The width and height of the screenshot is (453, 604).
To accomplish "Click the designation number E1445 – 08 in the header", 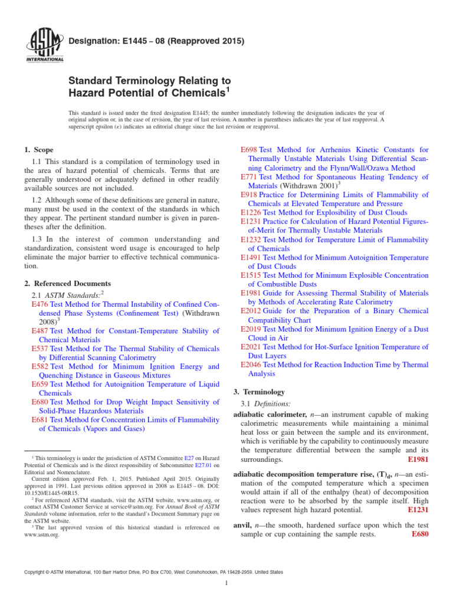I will (x=137, y=41).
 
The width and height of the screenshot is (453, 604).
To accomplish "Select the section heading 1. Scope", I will (x=39, y=150).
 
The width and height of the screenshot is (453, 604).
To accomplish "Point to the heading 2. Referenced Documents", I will (x=67, y=283).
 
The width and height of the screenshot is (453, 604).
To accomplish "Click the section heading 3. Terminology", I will (x=260, y=392).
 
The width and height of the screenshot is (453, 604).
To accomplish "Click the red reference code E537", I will (x=40, y=349).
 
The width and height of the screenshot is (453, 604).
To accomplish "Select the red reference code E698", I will (x=250, y=150).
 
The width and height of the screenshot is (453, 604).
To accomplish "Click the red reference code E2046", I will (x=252, y=365).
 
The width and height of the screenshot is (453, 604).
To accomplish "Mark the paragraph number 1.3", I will (x=38, y=239).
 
